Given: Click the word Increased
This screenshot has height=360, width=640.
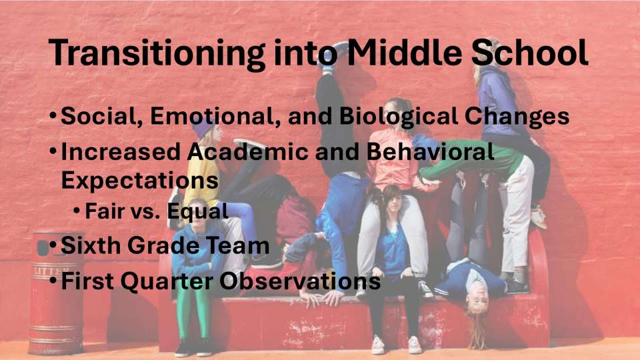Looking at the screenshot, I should click(121, 151).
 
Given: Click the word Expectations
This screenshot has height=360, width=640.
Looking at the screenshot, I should click(139, 180).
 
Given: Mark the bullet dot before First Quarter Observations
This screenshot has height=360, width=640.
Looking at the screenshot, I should click(53, 280).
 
